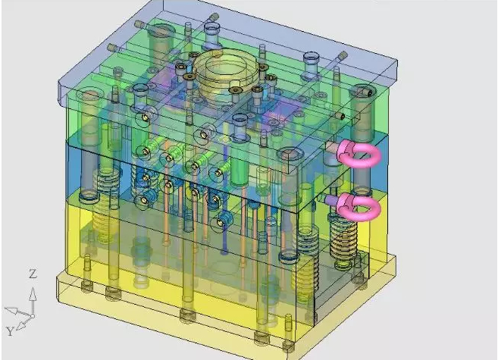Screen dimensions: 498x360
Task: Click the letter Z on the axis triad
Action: [x=33, y=274]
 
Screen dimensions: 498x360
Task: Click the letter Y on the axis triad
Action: [x=10, y=331]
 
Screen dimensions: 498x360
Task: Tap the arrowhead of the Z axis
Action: [x=33, y=293]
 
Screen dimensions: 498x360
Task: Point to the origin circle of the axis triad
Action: [x=33, y=316]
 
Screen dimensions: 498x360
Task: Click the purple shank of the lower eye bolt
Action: [x=331, y=200]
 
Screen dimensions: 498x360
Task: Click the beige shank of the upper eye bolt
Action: [x=333, y=147]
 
